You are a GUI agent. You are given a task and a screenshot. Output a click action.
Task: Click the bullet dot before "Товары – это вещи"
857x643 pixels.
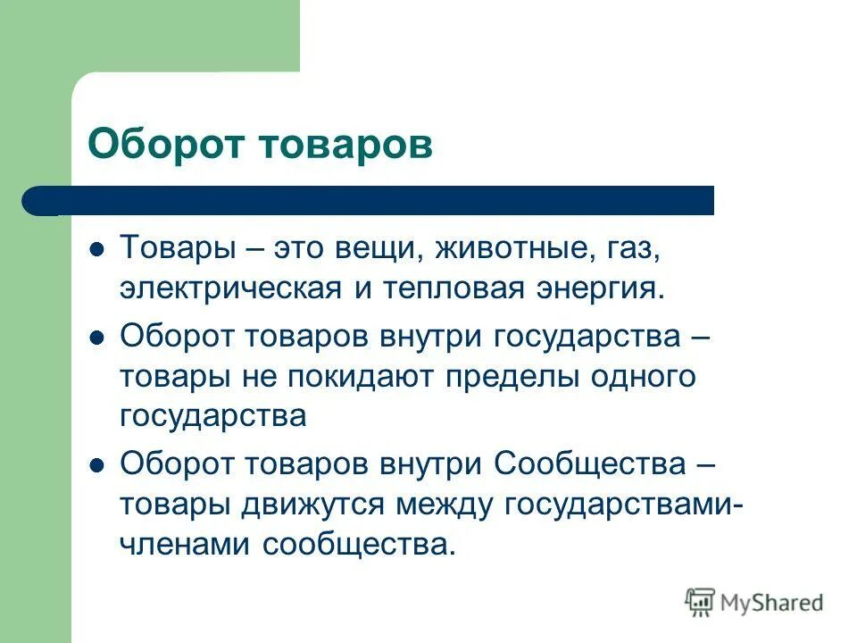[x=99, y=247]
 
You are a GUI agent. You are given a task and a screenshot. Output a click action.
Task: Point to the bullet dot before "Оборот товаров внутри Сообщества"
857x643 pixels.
[x=99, y=464]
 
